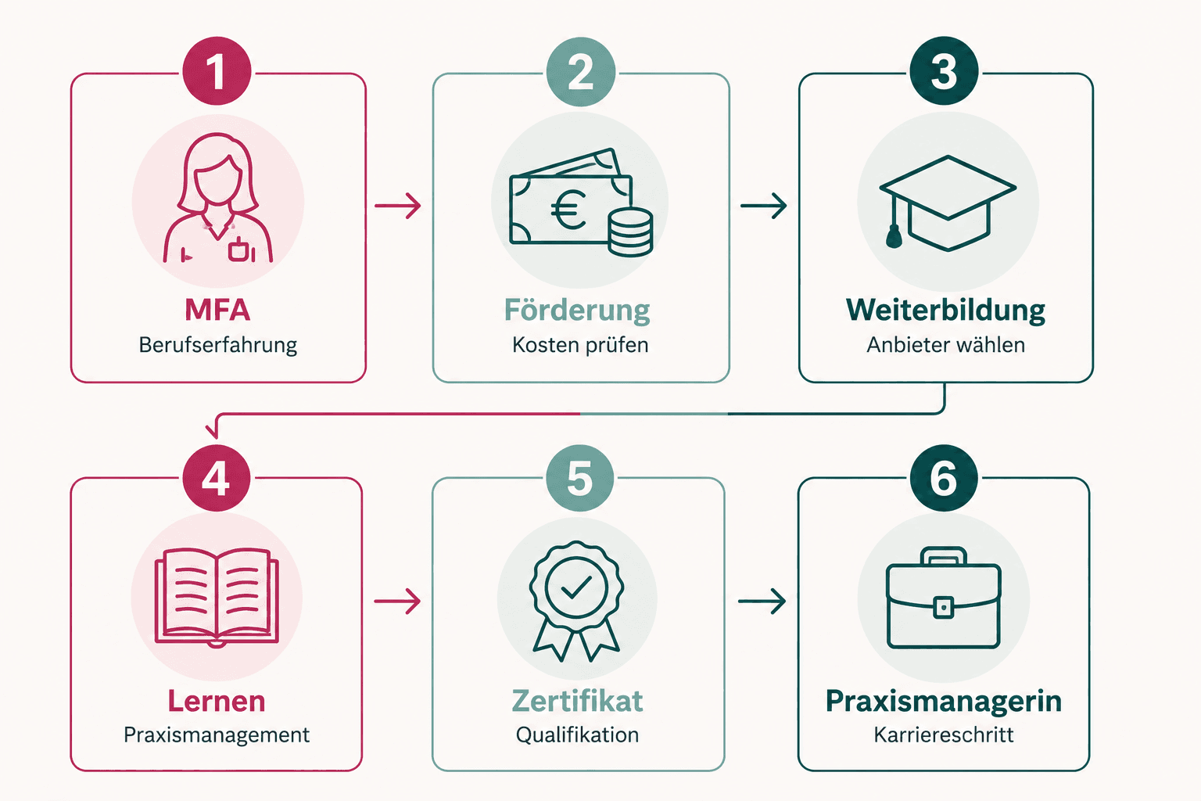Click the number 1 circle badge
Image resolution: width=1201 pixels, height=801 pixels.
tap(217, 71)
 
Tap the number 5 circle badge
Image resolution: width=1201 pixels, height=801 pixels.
tap(579, 477)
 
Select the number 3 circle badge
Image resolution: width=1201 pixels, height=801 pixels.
tap(945, 71)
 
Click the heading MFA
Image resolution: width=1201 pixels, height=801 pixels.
tap(217, 310)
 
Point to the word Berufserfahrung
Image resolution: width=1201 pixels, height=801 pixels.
tap(217, 345)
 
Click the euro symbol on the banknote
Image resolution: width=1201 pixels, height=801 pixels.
tap(569, 210)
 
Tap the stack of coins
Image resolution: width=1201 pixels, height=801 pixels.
tap(630, 232)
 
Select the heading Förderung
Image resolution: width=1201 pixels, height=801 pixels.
tap(577, 310)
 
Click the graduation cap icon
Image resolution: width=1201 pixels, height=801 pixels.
tap(948, 203)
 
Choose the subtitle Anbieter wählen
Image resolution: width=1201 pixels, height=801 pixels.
tap(946, 345)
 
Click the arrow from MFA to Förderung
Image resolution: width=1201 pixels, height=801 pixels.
tap(397, 206)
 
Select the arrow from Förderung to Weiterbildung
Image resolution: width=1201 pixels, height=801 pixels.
tap(763, 206)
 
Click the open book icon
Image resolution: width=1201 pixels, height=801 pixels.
tap(217, 596)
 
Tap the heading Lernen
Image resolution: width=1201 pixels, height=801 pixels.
tap(217, 701)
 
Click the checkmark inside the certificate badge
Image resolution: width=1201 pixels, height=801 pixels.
tap(576, 587)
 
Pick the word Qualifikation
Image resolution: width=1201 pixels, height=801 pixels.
tap(578, 735)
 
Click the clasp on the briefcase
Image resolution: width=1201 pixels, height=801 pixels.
tap(944, 607)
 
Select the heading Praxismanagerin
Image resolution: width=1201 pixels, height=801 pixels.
tap(944, 701)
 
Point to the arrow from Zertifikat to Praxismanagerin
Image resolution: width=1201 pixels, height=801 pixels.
tap(762, 601)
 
